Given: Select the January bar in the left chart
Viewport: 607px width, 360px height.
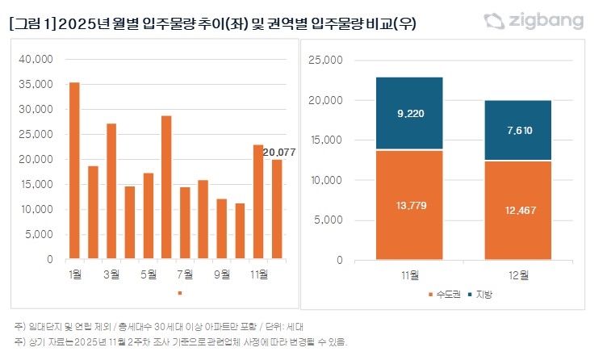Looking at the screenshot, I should pyautogui.click(x=74, y=171).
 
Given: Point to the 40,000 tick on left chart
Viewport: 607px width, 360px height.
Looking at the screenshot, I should pyautogui.click(x=36, y=59).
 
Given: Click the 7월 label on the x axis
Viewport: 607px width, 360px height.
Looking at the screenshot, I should pyautogui.click(x=185, y=274).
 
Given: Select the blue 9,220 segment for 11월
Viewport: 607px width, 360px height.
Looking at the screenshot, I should pyautogui.click(x=409, y=114).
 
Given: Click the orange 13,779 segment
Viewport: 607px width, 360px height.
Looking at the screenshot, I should pyautogui.click(x=409, y=205).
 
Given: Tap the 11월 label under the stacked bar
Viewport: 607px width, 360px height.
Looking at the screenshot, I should pyautogui.click(x=409, y=274).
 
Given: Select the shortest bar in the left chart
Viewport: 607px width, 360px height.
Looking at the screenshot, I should pyautogui.click(x=240, y=232).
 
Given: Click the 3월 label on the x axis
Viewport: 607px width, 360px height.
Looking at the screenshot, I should pyautogui.click(x=111, y=274).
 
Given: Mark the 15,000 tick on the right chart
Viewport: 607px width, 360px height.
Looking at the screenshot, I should pyautogui.click(x=326, y=140).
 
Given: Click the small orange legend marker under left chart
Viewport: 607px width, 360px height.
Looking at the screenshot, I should pyautogui.click(x=180, y=293).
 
